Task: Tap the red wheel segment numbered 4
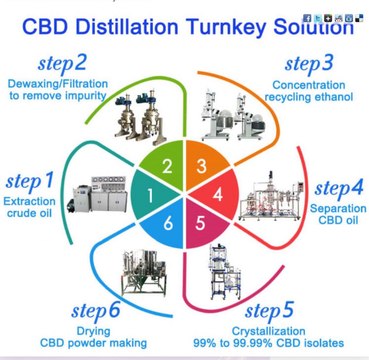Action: tap(217, 195)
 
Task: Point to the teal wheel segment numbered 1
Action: tap(151, 195)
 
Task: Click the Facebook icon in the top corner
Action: tap(307, 18)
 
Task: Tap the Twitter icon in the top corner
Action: tap(318, 18)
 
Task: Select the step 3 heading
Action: tap(309, 63)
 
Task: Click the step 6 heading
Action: tap(96, 311)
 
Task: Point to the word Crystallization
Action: tap(269, 331)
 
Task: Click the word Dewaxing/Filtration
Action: tap(58, 84)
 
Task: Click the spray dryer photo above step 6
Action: tap(144, 272)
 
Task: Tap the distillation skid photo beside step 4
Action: tap(270, 196)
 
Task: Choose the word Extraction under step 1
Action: tap(30, 202)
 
